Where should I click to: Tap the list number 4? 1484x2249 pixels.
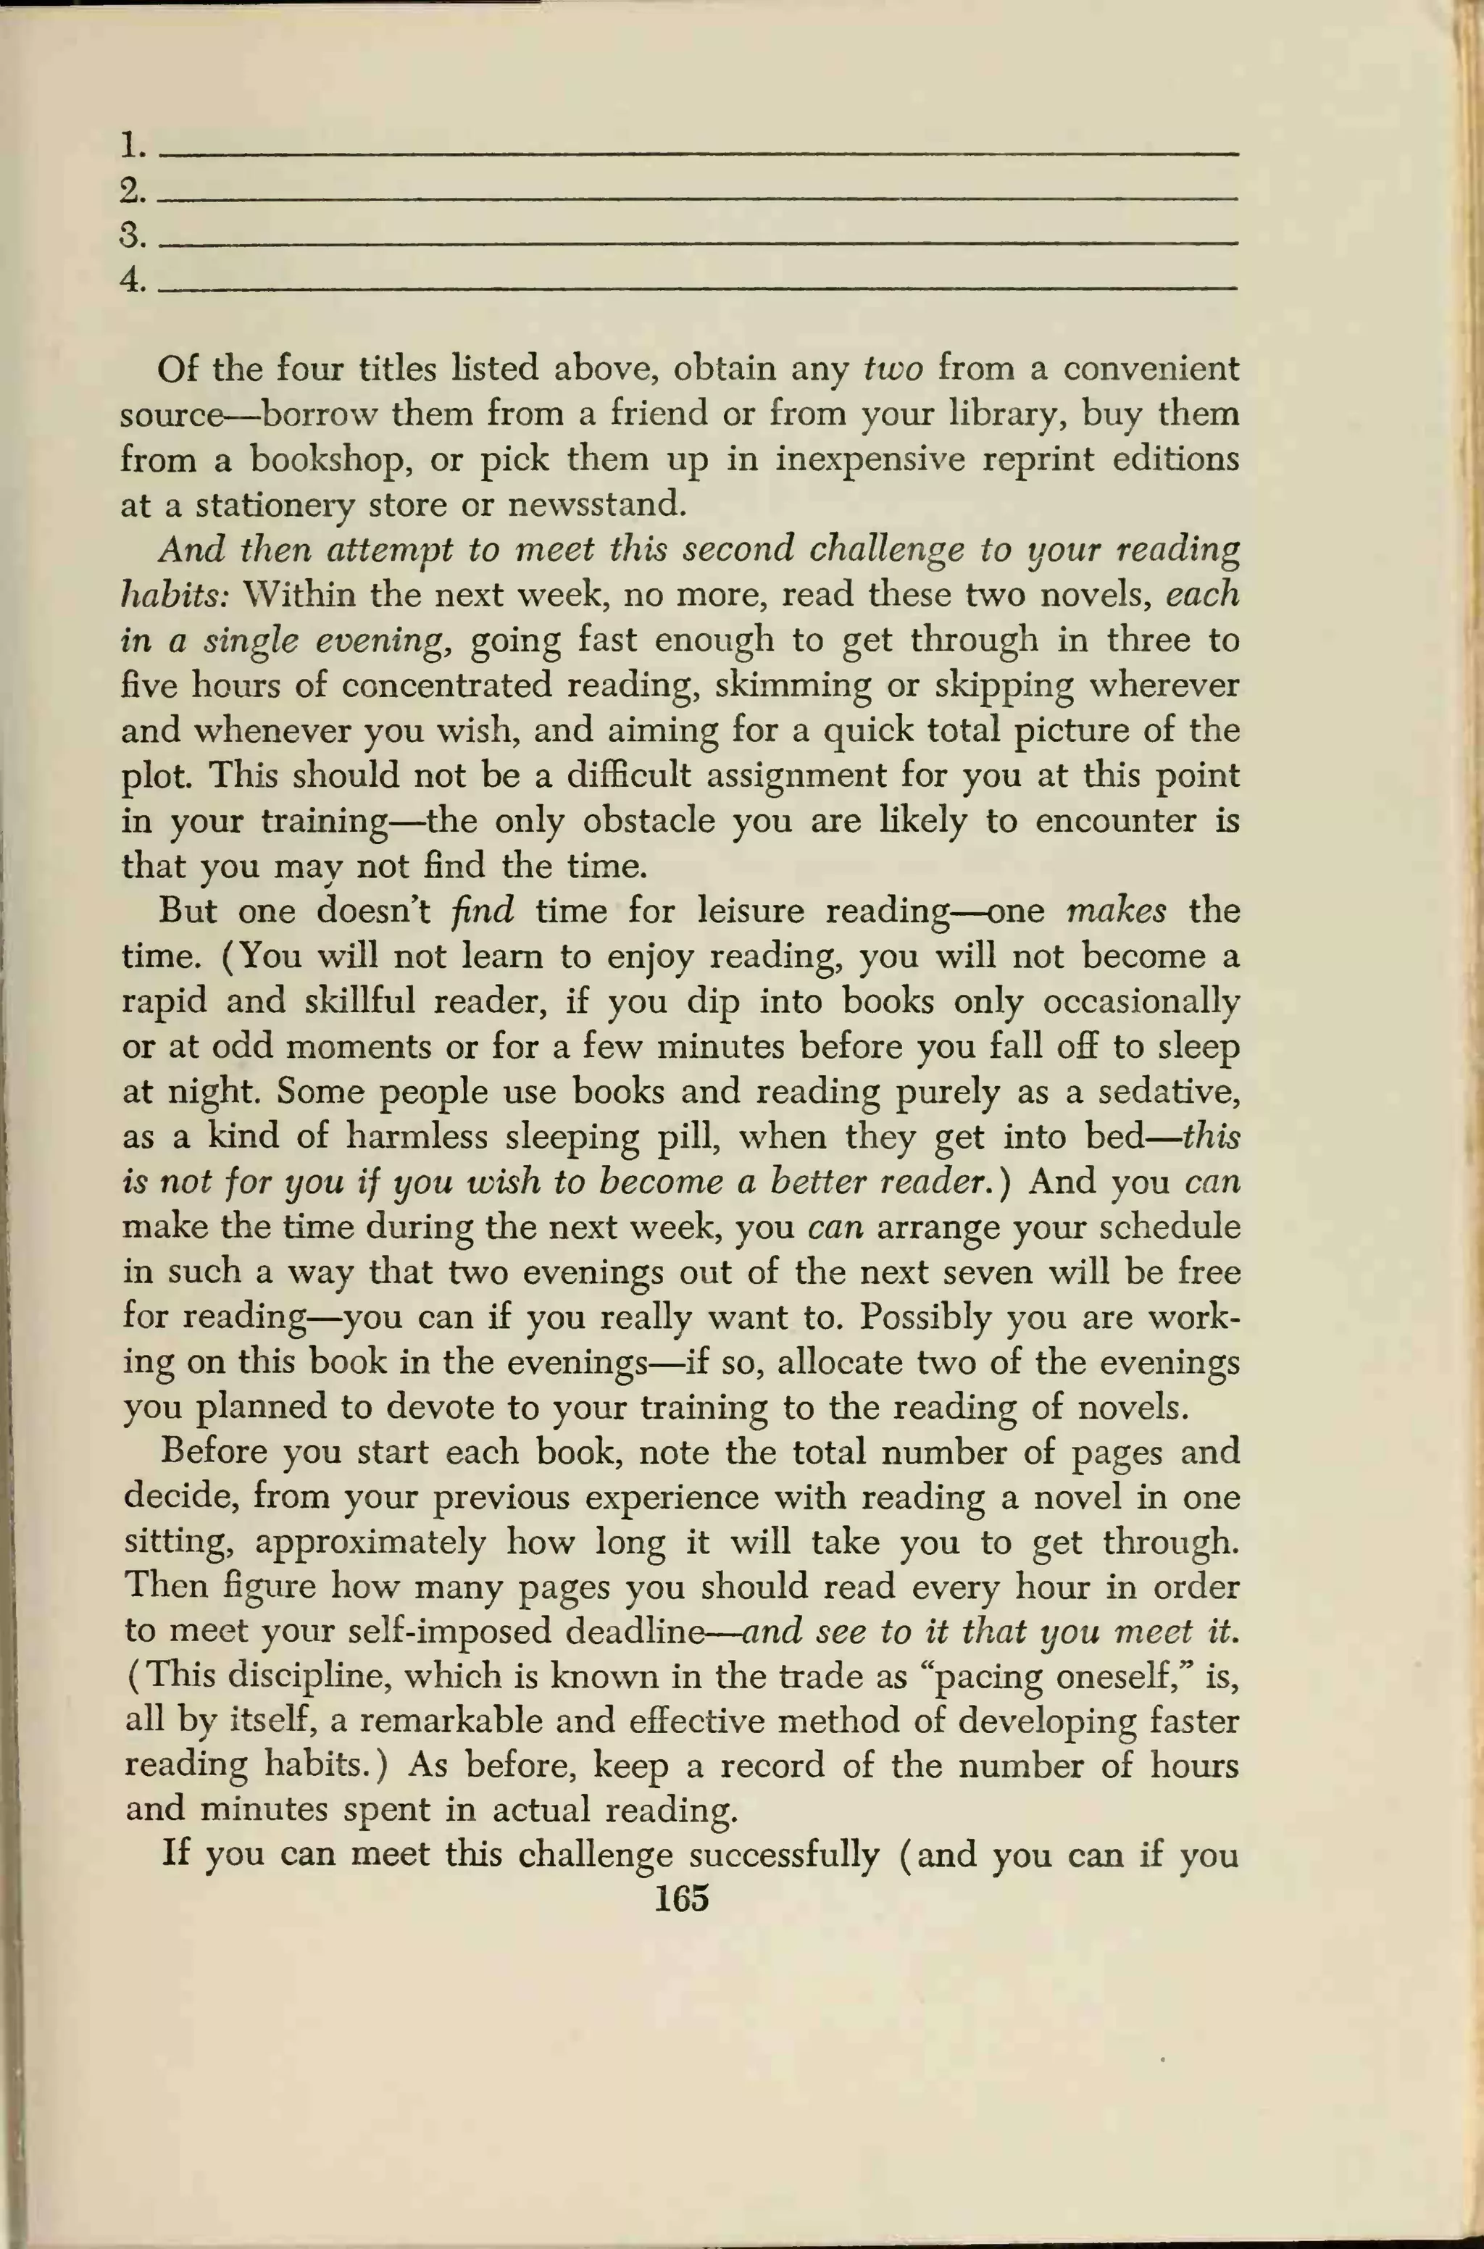[133, 280]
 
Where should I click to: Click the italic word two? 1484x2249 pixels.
[893, 369]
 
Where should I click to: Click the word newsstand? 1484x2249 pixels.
[596, 504]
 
